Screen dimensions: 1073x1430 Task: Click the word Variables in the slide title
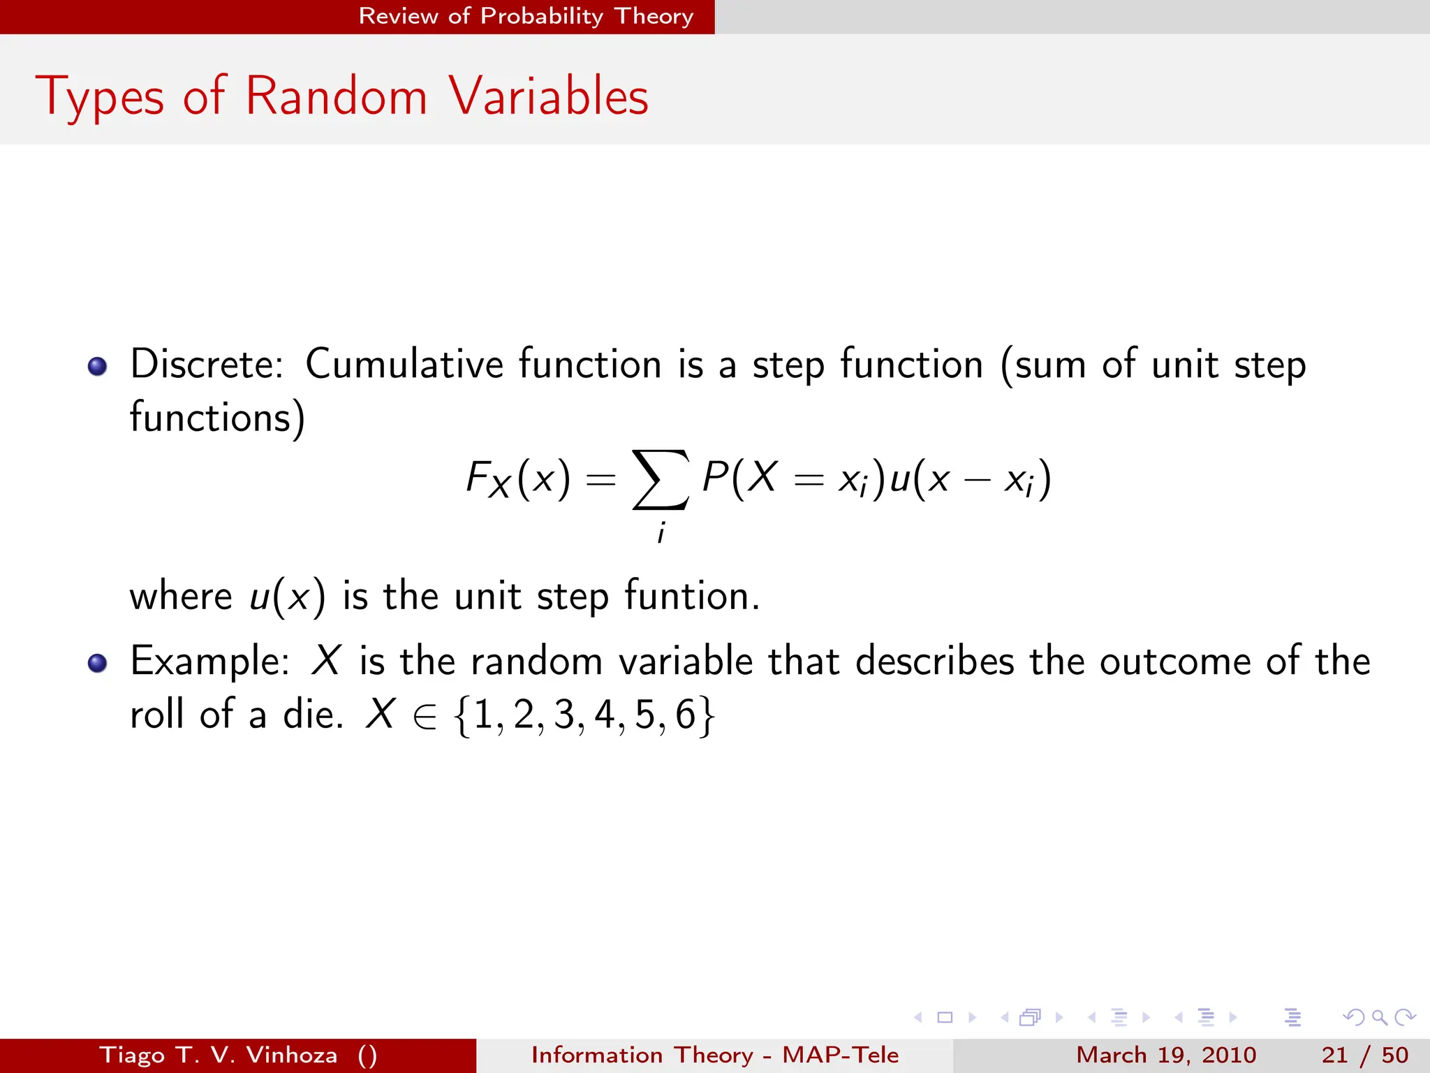pyautogui.click(x=549, y=96)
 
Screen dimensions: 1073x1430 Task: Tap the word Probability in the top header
pyautogui.click(x=541, y=15)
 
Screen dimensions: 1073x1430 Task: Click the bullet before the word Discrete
pyautogui.click(x=98, y=366)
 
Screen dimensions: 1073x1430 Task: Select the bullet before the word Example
pyautogui.click(x=98, y=663)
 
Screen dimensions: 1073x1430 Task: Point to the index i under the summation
pyautogui.click(x=661, y=534)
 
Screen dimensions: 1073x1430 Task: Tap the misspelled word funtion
pyautogui.click(x=687, y=596)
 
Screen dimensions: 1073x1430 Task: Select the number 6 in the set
pyautogui.click(x=686, y=715)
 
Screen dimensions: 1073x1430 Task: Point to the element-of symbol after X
pyautogui.click(x=425, y=717)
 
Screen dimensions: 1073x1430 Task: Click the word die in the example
pyautogui.click(x=311, y=714)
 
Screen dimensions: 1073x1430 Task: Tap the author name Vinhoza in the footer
pyautogui.click(x=292, y=1055)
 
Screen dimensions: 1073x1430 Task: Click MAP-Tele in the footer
pyautogui.click(x=840, y=1055)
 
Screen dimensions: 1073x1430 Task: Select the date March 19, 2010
pyautogui.click(x=1166, y=1055)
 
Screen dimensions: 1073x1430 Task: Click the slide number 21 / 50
pyautogui.click(x=1364, y=1055)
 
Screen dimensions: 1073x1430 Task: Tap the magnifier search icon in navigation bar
pyautogui.click(x=1379, y=1017)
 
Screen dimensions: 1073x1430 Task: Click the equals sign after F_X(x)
pyautogui.click(x=600, y=480)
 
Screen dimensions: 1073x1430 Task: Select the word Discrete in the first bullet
pyautogui.click(x=207, y=364)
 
